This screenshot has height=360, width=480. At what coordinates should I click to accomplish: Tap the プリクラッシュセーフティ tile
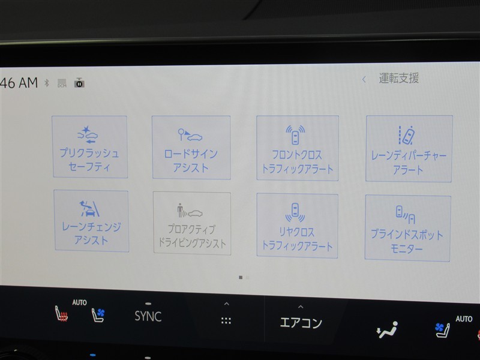[89, 146]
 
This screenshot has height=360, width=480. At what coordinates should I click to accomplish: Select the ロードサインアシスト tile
[191, 147]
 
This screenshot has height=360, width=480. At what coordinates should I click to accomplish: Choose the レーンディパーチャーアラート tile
[409, 148]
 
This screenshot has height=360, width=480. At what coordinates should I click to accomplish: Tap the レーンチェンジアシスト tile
[91, 221]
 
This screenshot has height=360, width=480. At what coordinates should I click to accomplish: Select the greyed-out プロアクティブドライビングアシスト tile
[192, 223]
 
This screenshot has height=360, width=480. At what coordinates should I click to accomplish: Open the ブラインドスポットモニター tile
[407, 229]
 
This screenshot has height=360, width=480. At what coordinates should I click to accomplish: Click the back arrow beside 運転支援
[364, 80]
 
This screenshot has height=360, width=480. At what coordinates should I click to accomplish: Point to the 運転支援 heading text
[399, 79]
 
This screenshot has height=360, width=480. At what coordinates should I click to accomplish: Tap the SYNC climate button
[148, 316]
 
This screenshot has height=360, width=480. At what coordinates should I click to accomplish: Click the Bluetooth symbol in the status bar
[47, 83]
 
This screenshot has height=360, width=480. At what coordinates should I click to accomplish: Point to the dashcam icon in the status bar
[79, 83]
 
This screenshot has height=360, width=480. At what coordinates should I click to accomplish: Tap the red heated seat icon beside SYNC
[61, 314]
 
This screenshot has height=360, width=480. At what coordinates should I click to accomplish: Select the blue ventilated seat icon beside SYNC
[98, 314]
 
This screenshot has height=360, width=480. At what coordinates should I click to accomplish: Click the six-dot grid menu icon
[226, 321]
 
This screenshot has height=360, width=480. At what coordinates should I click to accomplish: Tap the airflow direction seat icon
[387, 329]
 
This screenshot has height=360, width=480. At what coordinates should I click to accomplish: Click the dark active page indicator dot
[241, 278]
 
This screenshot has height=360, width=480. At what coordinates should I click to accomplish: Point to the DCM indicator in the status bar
[62, 83]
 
